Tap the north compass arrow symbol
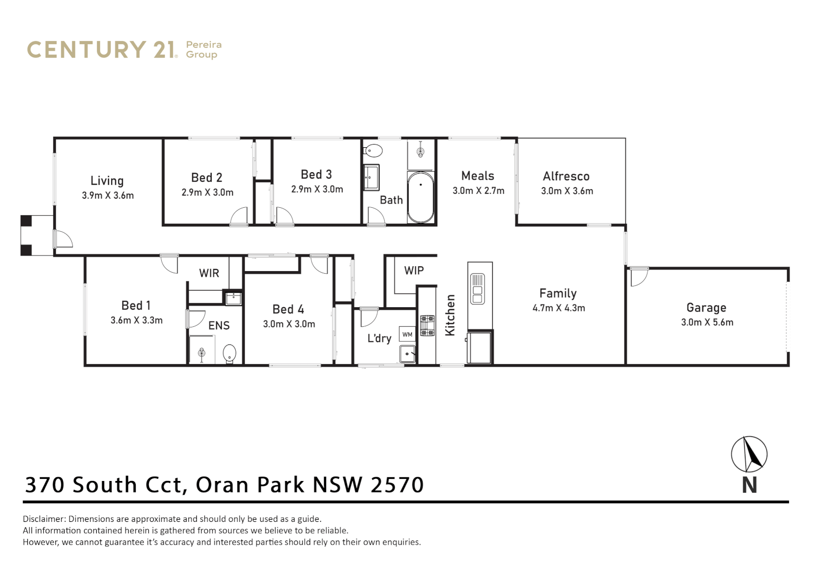[x=749, y=454]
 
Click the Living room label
[x=107, y=181]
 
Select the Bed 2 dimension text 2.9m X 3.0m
[x=208, y=192]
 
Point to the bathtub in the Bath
[x=420, y=197]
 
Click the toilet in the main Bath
[x=374, y=151]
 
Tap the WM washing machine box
[x=407, y=334]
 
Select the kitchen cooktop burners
[x=427, y=325]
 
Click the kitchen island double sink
[x=477, y=289]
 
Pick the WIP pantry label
[x=414, y=271]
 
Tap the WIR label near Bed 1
[x=209, y=273]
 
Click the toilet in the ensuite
[x=229, y=352]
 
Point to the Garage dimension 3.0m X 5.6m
[x=707, y=322]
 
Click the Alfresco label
[x=566, y=176]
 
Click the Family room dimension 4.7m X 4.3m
[x=559, y=308]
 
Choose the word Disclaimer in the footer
[x=44, y=519]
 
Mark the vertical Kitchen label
[x=450, y=315]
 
